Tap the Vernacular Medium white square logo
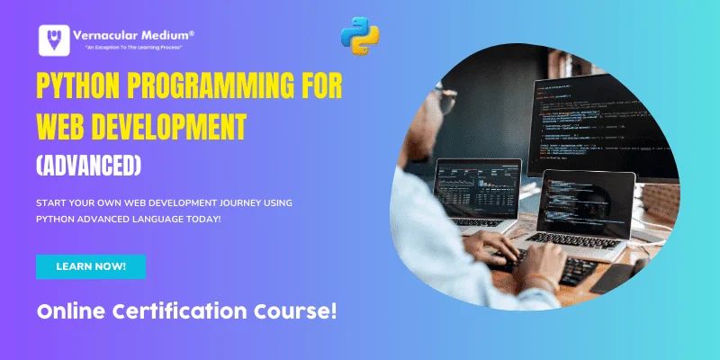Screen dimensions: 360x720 55,41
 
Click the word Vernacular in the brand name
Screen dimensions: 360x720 112,34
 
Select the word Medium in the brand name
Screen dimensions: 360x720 170,34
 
